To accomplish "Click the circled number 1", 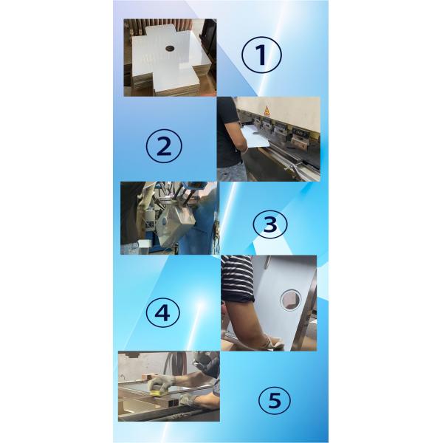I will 261,55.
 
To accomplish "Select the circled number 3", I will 269,224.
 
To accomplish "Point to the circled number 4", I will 162,312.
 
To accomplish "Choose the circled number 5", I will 274,401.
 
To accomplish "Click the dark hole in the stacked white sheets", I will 169,48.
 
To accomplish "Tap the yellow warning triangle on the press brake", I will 267,110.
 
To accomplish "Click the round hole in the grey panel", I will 289,298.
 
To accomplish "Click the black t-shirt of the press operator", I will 228,122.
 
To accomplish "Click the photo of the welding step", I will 169,218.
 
